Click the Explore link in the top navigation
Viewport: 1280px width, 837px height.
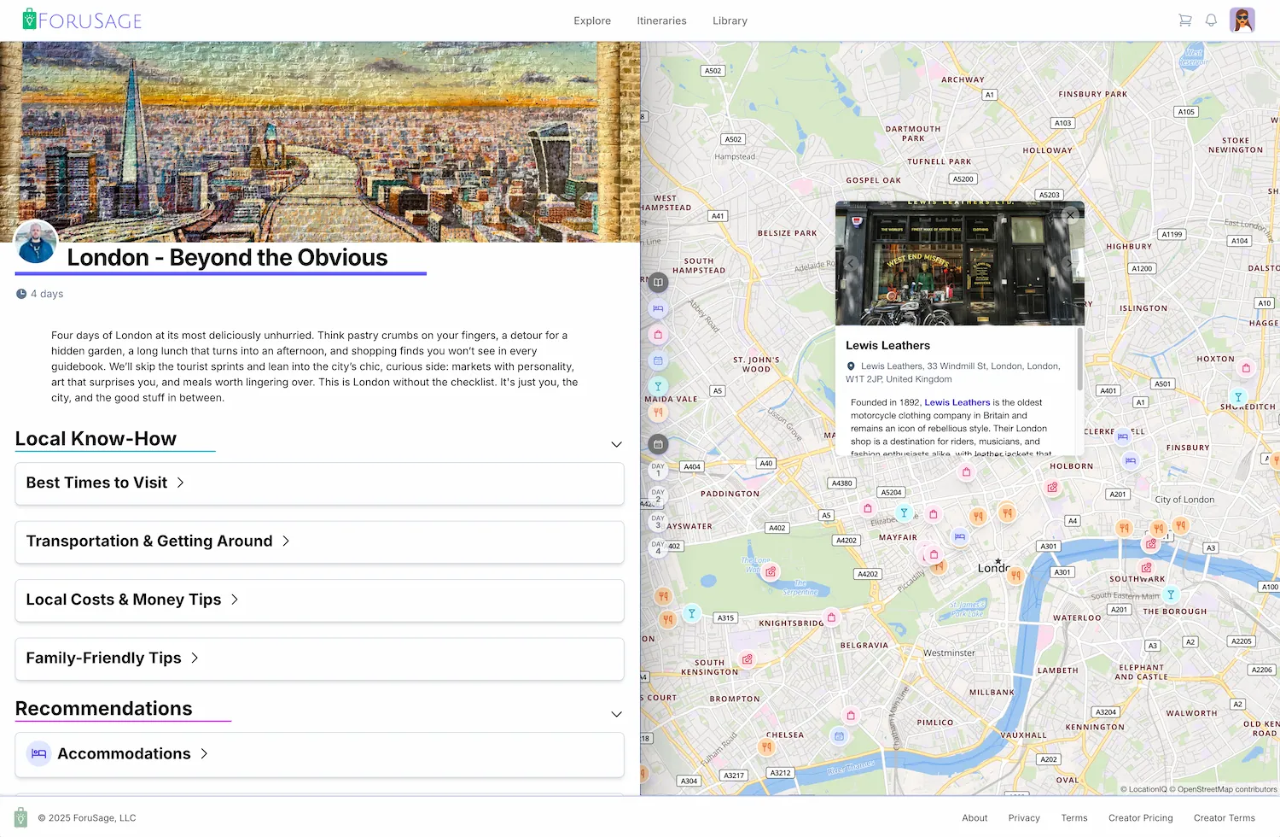click(592, 20)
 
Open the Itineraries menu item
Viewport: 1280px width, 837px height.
click(661, 20)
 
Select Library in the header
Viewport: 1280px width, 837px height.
click(730, 20)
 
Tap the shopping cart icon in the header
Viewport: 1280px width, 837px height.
click(1185, 20)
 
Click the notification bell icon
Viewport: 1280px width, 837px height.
click(1211, 20)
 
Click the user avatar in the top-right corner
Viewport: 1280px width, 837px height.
click(1242, 20)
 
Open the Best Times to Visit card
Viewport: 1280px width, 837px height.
click(319, 483)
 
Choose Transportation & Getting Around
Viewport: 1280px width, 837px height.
click(319, 541)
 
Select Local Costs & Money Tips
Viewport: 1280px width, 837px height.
click(319, 600)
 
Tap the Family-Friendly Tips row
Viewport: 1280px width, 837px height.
click(319, 658)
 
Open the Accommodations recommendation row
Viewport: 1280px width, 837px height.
click(319, 754)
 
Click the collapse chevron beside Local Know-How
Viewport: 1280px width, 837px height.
click(616, 444)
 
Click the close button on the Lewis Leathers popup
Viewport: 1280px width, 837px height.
click(1070, 215)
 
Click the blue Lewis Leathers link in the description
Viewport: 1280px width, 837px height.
click(957, 402)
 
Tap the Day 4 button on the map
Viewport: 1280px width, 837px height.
click(658, 547)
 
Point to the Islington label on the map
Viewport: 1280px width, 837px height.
click(1143, 308)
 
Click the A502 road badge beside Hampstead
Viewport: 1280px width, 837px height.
click(733, 139)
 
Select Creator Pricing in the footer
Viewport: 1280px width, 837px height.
click(1140, 817)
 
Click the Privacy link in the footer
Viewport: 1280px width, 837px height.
click(1024, 817)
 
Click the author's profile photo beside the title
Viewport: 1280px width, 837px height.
click(37, 242)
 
